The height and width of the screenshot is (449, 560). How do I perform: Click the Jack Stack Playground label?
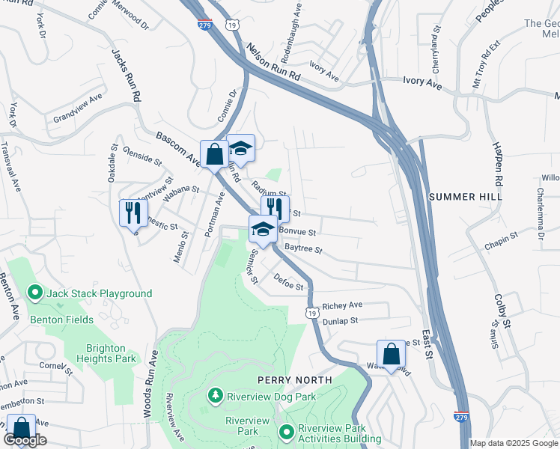click(99, 294)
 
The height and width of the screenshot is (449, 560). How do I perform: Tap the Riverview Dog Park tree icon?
click(216, 394)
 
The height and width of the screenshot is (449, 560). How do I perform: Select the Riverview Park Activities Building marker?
click(287, 432)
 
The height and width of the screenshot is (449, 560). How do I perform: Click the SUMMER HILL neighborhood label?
click(464, 196)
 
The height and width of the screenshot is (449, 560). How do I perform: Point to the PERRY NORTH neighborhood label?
click(294, 380)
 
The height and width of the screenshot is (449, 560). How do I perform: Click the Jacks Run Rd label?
click(127, 76)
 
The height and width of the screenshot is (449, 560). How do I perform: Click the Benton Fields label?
click(61, 320)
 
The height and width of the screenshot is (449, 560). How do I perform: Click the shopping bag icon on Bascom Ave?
click(214, 154)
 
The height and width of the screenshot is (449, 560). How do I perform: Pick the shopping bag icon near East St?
click(391, 352)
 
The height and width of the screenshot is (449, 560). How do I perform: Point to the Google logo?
click(25, 440)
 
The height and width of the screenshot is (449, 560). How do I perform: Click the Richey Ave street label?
click(342, 305)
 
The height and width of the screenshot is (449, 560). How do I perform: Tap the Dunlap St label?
click(340, 320)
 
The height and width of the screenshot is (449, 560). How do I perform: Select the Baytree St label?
click(302, 248)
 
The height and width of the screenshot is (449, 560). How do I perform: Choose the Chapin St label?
click(501, 237)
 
